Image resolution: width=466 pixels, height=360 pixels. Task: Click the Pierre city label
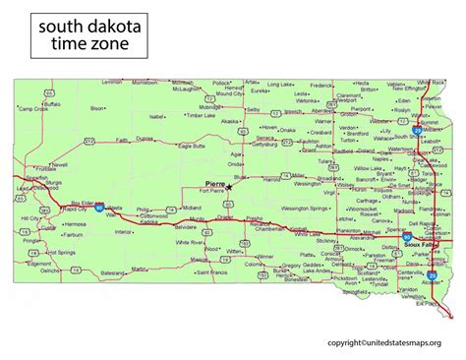[215, 184]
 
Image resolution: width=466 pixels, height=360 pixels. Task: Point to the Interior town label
[124, 233]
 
